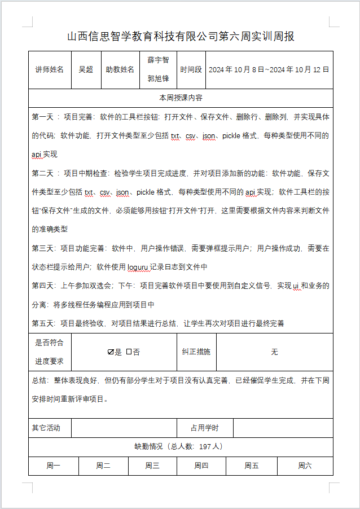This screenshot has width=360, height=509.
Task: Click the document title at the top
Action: coord(181,37)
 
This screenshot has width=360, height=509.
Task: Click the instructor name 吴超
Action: coord(86,70)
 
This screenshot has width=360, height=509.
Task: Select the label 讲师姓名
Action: coord(50,70)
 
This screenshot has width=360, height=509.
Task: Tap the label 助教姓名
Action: coord(120,70)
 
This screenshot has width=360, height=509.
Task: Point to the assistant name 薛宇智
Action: coord(158,60)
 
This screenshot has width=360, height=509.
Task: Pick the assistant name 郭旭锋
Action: coord(158,79)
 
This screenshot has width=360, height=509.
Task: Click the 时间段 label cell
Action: coord(191,70)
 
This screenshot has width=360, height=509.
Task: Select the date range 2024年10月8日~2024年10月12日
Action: coord(269,70)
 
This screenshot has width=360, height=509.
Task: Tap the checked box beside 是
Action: coord(111,352)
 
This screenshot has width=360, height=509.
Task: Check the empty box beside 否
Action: coord(129,352)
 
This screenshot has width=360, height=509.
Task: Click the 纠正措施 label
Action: coord(196,352)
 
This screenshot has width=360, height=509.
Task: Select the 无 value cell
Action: coord(274,352)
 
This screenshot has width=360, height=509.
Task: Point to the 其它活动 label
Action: coord(46,428)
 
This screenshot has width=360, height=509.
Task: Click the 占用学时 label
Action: coord(204,428)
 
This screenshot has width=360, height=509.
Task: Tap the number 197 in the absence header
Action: coord(205,446)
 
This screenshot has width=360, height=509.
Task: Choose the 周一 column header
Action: coord(54,466)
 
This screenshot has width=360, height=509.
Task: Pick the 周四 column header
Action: coord(201,466)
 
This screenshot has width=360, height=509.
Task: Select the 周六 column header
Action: coord(305,466)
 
